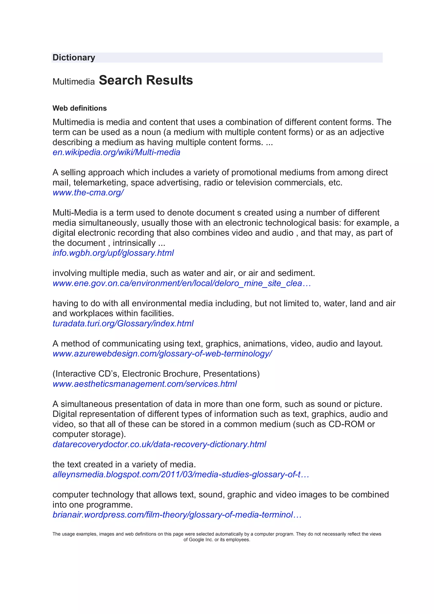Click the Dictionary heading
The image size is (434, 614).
(x=74, y=57)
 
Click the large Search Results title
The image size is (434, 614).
(x=146, y=80)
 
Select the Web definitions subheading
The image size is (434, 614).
(x=79, y=108)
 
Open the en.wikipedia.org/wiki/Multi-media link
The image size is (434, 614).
(x=116, y=152)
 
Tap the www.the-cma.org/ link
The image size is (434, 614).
(x=88, y=192)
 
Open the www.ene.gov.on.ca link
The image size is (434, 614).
(x=182, y=283)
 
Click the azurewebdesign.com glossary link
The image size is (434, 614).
(x=162, y=354)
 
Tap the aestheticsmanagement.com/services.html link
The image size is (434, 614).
(x=145, y=384)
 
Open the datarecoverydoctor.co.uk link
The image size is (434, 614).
(x=159, y=444)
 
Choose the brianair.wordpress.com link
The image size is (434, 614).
(x=177, y=515)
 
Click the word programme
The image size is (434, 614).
(x=109, y=505)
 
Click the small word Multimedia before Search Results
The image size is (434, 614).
(x=74, y=82)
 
